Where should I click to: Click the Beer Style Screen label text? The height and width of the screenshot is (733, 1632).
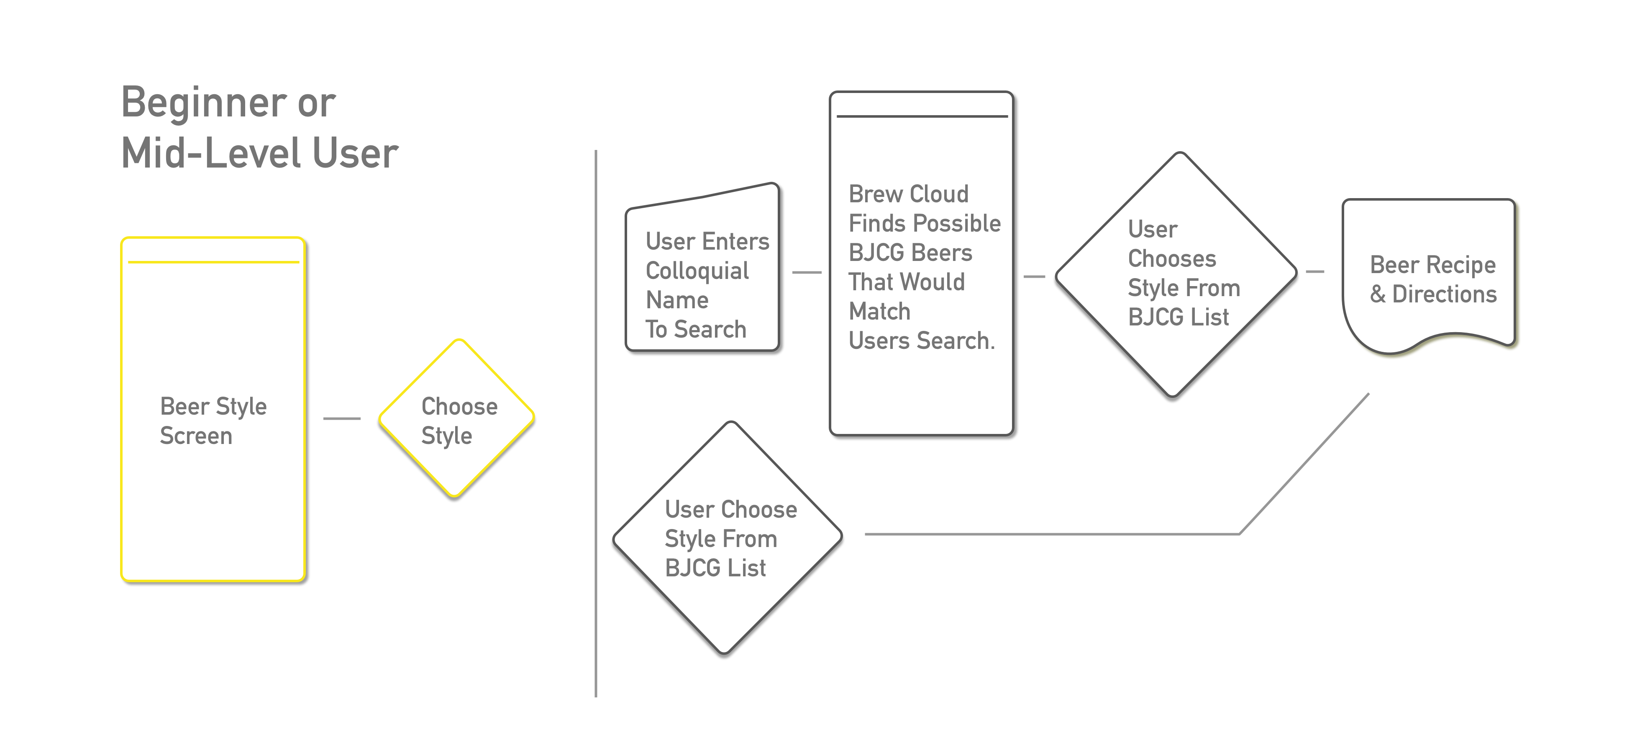pyautogui.click(x=213, y=421)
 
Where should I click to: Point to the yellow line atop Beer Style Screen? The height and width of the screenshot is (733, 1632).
pyautogui.click(x=213, y=262)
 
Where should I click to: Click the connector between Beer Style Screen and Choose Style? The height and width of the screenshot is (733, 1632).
pyautogui.click(x=342, y=418)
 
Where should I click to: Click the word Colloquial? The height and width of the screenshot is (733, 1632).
pyautogui.click(x=697, y=271)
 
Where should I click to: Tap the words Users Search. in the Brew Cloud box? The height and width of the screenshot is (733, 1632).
pyautogui.click(x=921, y=341)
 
